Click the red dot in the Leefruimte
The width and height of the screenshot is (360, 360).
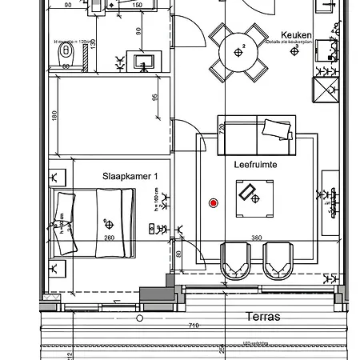pyautogui.click(x=213, y=203)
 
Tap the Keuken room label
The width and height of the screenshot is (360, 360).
pyautogui.click(x=296, y=35)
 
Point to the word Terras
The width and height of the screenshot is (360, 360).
pyautogui.click(x=263, y=317)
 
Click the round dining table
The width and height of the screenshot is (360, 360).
pyautogui.click(x=238, y=52)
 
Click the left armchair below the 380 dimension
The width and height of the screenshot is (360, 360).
pyautogui.click(x=234, y=261)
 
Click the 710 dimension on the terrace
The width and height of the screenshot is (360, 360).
pyautogui.click(x=193, y=326)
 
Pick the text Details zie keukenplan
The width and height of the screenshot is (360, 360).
pyautogui.click(x=290, y=43)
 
